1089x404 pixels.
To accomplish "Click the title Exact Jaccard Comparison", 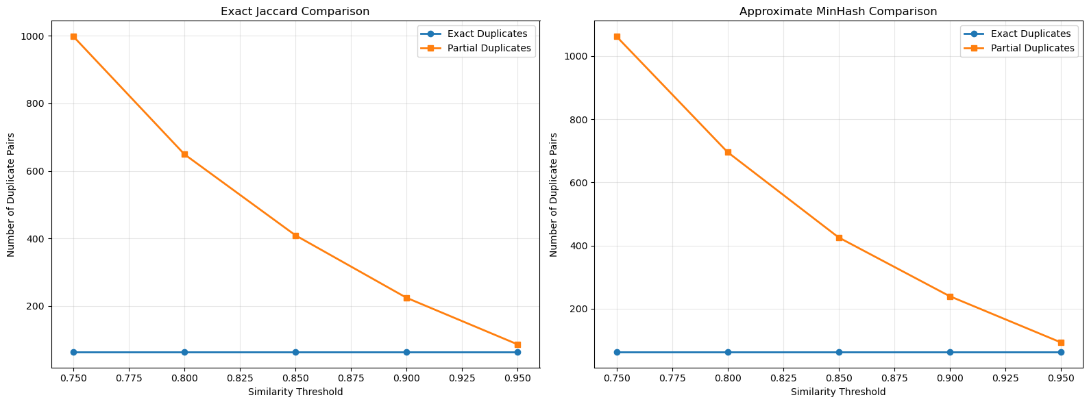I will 295,12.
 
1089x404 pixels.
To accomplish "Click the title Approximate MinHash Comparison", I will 837,12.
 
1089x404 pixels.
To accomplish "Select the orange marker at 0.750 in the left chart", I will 73,36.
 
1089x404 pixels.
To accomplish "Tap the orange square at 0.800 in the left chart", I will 184,155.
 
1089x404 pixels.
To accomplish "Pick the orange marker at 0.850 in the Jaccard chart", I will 295,236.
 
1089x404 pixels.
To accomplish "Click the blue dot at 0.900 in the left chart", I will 406,352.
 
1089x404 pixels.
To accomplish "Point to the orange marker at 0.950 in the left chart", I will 517,344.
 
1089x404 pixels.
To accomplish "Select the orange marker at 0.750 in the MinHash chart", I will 617,36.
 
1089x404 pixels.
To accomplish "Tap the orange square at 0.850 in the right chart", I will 839,238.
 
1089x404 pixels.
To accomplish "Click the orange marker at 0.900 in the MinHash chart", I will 950,296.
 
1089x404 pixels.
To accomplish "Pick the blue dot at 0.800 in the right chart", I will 728,352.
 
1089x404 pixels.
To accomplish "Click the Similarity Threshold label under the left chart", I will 295,392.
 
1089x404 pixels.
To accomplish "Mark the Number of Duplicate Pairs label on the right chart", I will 554,195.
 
